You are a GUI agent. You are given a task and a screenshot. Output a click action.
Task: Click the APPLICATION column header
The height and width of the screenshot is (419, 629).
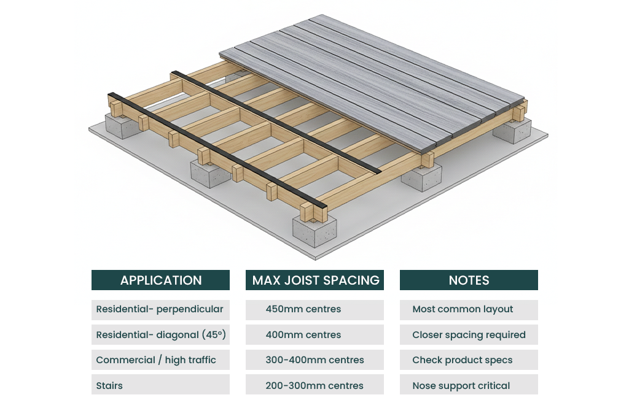(160, 280)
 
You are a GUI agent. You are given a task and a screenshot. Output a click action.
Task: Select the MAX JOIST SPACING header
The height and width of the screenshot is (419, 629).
(315, 280)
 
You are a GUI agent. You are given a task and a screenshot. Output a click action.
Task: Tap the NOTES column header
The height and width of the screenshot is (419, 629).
(469, 280)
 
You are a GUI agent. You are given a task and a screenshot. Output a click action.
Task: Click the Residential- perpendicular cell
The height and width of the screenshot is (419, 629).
(160, 309)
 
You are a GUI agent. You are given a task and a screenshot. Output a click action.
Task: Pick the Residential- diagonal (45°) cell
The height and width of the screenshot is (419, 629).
(160, 335)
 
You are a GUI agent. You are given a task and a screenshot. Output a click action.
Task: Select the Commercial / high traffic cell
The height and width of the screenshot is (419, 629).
(160, 360)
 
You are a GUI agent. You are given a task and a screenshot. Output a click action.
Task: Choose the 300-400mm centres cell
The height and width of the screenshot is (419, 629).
(315, 360)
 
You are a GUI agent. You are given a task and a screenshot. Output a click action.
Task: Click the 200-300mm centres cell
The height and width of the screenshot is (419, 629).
(315, 385)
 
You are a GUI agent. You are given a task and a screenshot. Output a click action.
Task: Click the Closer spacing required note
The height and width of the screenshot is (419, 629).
(469, 335)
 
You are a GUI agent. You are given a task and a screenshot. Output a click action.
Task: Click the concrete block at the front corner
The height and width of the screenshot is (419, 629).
(314, 229)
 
